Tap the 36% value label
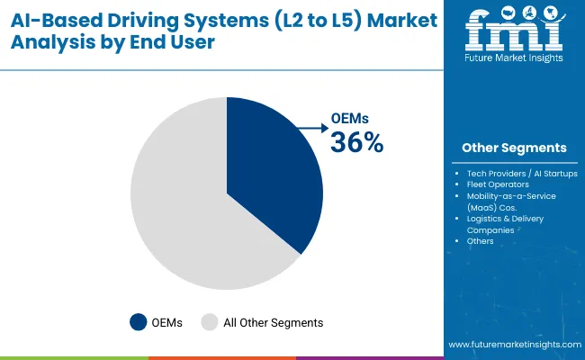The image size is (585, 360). click(x=358, y=142)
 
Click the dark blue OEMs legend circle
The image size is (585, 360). click(x=138, y=321)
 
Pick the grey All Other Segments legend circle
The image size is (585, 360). click(x=209, y=321)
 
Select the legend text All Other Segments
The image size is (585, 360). click(x=273, y=321)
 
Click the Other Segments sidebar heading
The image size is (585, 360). click(x=514, y=148)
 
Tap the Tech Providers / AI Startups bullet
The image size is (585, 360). click(x=521, y=173)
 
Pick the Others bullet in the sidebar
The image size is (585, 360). click(x=480, y=241)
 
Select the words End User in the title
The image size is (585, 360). click(x=177, y=41)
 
